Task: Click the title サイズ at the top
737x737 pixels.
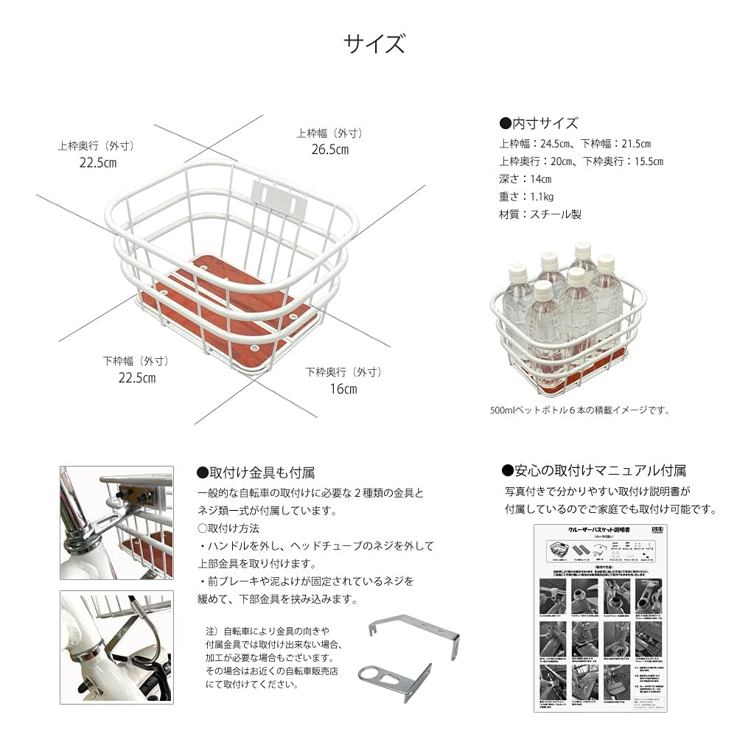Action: coord(374,44)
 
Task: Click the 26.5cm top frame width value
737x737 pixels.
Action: coord(329,150)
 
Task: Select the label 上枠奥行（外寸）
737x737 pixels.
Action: coord(95,146)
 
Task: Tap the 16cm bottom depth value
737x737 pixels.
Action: coord(343,388)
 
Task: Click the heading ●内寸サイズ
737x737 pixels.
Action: coord(539,123)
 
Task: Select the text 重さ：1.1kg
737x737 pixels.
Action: coord(526,197)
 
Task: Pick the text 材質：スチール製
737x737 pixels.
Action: coord(539,214)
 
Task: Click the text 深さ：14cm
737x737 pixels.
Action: coord(525,179)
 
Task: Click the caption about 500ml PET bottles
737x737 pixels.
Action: coord(580,411)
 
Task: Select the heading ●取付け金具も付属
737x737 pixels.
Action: coord(256,472)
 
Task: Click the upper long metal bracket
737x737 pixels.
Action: coord(413,633)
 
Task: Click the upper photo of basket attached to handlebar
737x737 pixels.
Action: coord(116,523)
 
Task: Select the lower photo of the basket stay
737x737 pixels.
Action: coord(116,646)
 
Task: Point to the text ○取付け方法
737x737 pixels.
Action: coord(228,528)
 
